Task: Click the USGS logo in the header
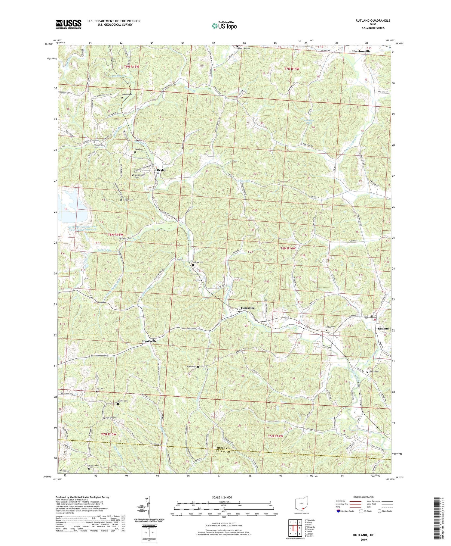[69, 24]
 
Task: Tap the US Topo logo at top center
[224, 26]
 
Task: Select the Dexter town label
[161, 170]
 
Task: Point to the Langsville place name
[247, 308]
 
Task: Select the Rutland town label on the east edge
[383, 329]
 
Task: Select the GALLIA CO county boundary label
[261, 452]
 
